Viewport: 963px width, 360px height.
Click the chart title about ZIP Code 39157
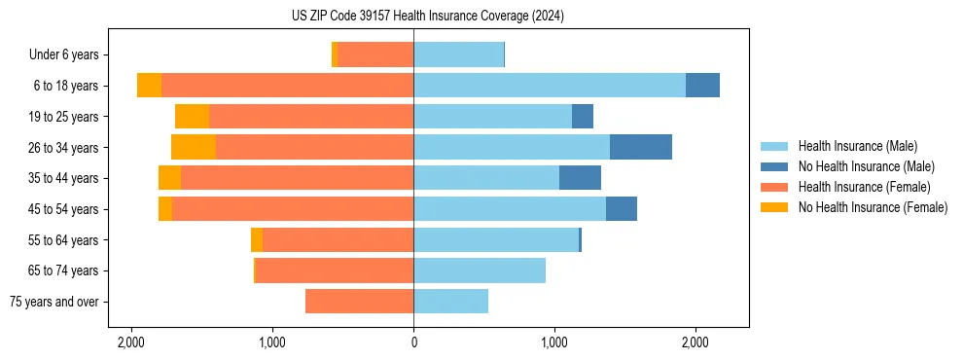[x=427, y=16]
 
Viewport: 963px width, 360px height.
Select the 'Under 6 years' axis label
[x=70, y=54]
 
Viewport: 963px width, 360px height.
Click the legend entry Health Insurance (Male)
[x=857, y=146]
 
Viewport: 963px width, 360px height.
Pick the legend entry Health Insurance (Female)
[x=861, y=187]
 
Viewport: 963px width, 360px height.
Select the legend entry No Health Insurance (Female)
[x=871, y=207]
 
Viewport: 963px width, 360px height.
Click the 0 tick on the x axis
[x=413, y=342]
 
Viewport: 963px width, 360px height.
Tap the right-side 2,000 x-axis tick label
[x=695, y=342]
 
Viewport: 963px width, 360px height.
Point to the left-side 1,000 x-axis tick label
[x=272, y=342]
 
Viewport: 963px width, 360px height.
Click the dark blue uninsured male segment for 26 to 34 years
[x=641, y=147]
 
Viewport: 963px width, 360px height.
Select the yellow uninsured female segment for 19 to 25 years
[x=193, y=117]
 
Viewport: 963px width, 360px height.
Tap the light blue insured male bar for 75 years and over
[x=451, y=302]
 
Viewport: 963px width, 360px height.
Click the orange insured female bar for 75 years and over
[x=360, y=302]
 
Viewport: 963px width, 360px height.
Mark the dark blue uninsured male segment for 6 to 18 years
[x=702, y=86]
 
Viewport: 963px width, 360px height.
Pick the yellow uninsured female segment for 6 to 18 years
[x=150, y=86]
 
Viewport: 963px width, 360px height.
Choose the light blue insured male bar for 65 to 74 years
[x=480, y=270]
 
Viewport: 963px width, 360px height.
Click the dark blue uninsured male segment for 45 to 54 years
[x=622, y=209]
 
